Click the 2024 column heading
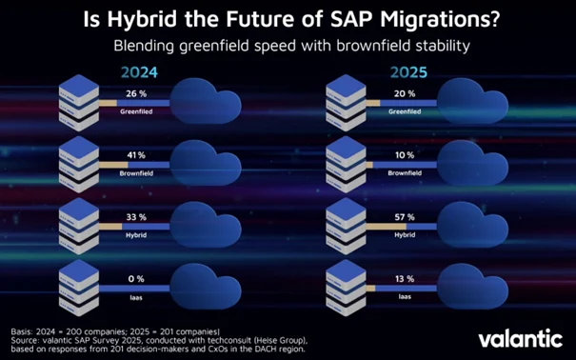point(138,72)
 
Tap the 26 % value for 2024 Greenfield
point(135,93)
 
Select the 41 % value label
point(135,154)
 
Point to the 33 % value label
point(135,216)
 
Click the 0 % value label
point(135,279)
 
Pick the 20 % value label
point(405,93)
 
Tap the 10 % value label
point(405,154)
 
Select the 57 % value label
point(405,216)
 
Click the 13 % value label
point(405,279)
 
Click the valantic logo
point(519,337)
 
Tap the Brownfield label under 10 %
point(405,172)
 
